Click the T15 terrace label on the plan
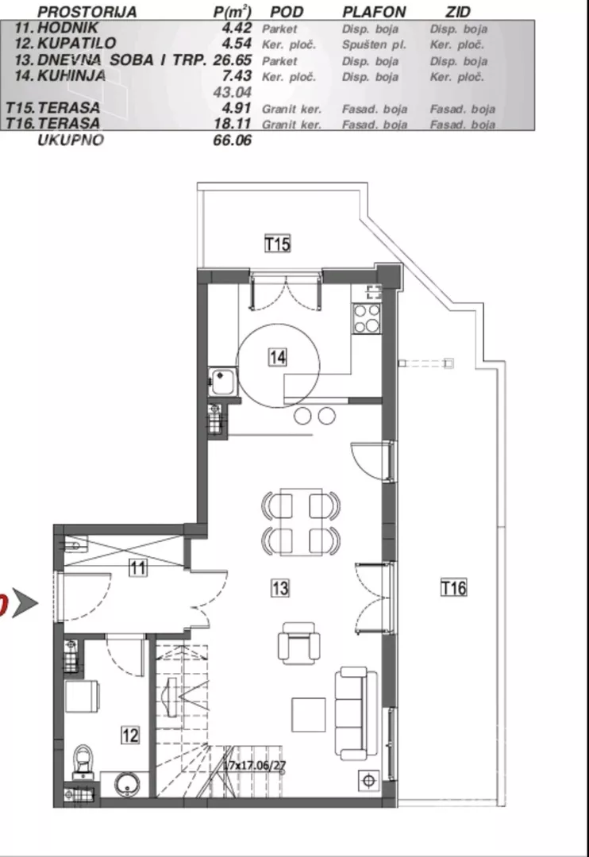pos(277,244)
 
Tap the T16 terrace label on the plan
pos(453,588)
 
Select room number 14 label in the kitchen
pos(277,357)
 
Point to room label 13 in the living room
pos(280,588)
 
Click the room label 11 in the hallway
pos(138,568)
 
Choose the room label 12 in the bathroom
pos(130,735)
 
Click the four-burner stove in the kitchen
pos(367,318)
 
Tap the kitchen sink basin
pos(223,382)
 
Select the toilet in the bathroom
pos(83,762)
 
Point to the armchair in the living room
pos(298,644)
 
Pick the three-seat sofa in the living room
pos(356,713)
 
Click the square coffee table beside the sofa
pos(309,714)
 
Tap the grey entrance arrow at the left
pos(25,604)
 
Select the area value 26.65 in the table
pos(233,60)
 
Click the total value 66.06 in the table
pos(233,140)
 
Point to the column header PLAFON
pos(374,12)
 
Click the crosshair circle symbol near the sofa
pos(369,781)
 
